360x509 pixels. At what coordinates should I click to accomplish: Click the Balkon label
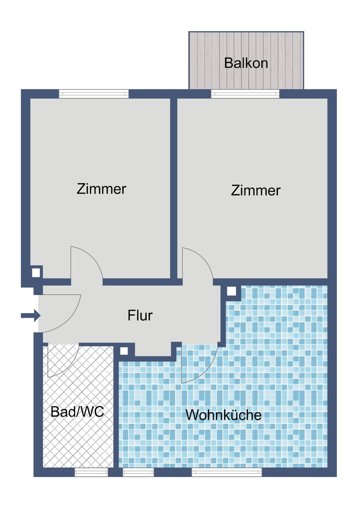click(x=246, y=63)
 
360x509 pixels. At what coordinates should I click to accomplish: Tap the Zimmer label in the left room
click(x=102, y=189)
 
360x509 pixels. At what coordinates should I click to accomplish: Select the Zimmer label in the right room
click(x=256, y=190)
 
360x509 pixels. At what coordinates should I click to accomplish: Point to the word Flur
click(x=140, y=315)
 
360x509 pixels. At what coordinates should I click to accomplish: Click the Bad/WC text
click(x=77, y=412)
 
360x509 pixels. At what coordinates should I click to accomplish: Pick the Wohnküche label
click(x=224, y=415)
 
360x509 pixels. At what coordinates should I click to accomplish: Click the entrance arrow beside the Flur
click(x=31, y=315)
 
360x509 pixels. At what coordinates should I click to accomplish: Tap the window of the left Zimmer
click(x=94, y=94)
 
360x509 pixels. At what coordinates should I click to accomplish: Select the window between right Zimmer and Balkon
click(x=245, y=94)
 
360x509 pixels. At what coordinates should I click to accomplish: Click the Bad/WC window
click(x=91, y=472)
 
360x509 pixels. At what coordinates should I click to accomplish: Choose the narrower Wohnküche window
click(x=138, y=472)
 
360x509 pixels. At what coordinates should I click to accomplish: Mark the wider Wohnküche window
click(x=227, y=472)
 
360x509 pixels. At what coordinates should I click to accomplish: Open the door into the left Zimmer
click(x=89, y=261)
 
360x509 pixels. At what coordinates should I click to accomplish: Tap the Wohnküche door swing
click(x=202, y=367)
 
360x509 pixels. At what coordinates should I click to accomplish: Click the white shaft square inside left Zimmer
click(x=36, y=273)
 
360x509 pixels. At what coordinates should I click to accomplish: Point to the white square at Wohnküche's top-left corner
click(x=231, y=291)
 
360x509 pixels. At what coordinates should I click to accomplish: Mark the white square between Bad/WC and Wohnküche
click(x=124, y=351)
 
